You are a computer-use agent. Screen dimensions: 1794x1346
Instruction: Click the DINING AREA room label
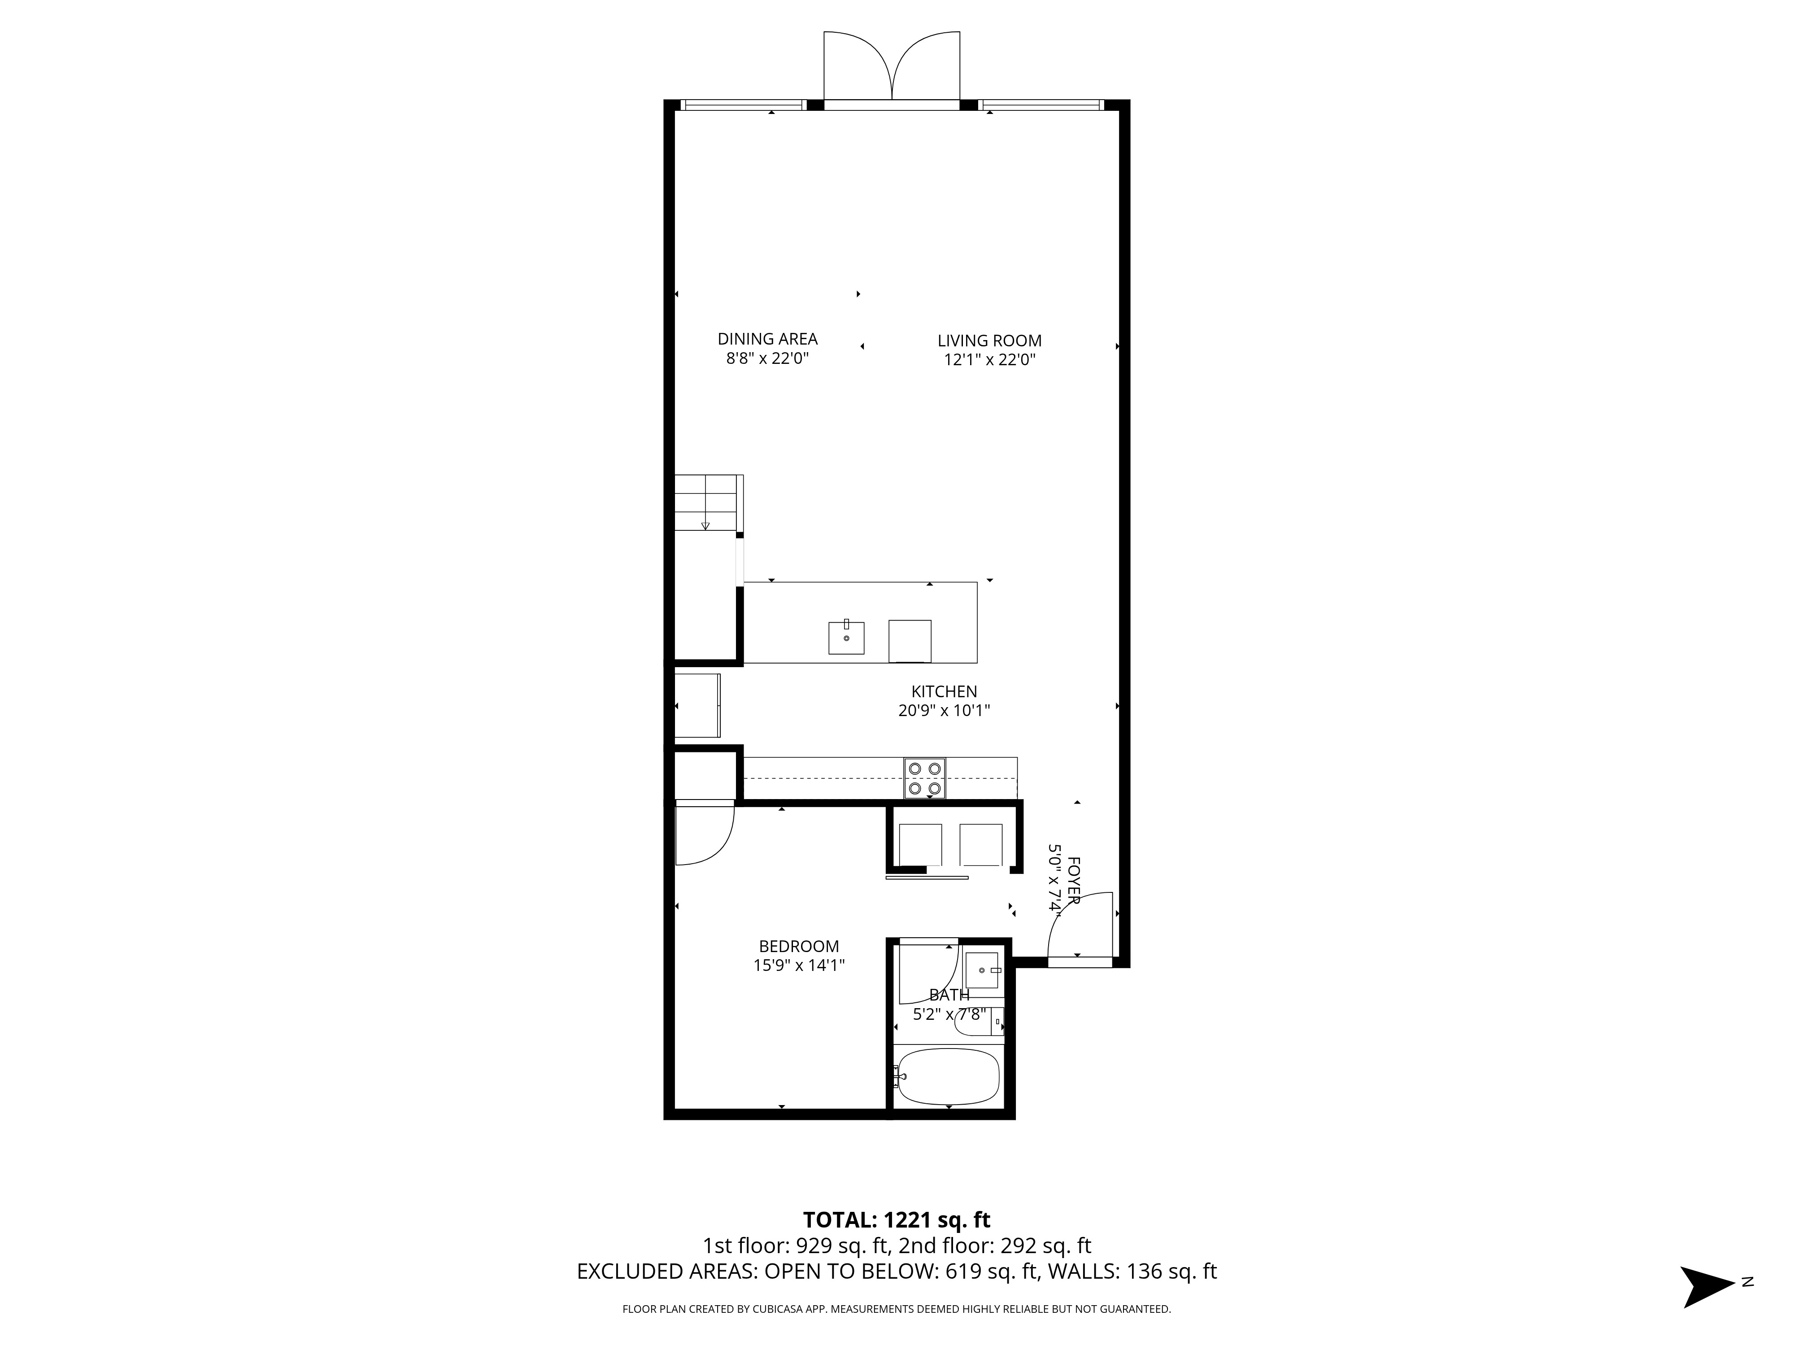tap(767, 339)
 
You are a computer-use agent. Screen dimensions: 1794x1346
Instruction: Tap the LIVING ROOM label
tap(989, 341)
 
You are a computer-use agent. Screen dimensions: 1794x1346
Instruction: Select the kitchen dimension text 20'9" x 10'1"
tap(944, 711)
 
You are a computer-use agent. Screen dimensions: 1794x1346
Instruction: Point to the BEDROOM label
tap(799, 946)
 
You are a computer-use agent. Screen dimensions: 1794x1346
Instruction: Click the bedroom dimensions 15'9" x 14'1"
tap(799, 966)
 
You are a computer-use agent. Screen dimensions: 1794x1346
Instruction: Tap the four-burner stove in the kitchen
tap(924, 778)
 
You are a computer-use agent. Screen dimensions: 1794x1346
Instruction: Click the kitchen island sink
tap(846, 638)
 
